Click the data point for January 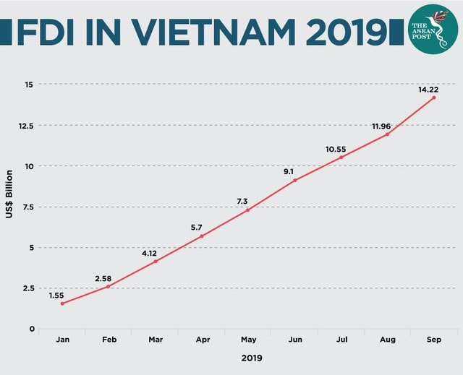62,303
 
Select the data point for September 434,98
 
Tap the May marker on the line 248,210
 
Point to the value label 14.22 428,90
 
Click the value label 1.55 57,296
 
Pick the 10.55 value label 336,150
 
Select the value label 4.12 150,254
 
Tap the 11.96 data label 381,126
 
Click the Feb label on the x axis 109,340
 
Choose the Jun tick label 295,340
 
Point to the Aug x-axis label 388,340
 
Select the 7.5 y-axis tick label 27,207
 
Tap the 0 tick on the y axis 31,329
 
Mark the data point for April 202,236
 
